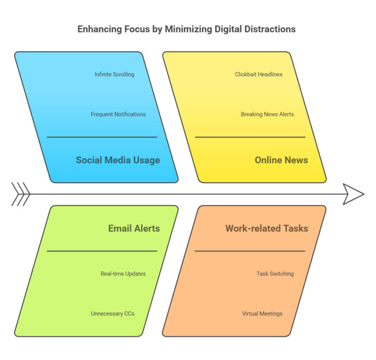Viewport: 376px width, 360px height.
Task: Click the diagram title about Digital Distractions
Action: (186, 29)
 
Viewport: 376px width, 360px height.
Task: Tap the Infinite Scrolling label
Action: (114, 75)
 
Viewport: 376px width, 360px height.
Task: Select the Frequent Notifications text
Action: (118, 114)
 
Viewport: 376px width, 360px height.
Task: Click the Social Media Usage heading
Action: (118, 160)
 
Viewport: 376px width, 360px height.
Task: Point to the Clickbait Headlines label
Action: (258, 75)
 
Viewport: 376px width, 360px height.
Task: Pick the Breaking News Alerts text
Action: (267, 114)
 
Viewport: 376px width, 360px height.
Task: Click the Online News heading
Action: (281, 160)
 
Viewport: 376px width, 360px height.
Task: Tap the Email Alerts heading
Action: (134, 228)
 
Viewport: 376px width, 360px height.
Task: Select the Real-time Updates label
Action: (123, 274)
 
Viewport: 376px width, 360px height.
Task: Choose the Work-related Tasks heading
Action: (266, 228)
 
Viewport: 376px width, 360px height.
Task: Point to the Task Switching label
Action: (275, 274)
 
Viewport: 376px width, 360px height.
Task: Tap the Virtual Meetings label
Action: (262, 314)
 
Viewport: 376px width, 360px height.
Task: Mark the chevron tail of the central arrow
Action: (20, 194)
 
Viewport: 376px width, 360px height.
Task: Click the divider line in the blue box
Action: (102, 137)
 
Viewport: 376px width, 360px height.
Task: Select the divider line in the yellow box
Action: (250, 137)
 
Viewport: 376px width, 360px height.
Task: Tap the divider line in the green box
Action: (102, 251)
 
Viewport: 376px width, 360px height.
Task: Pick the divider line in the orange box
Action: (250, 251)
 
